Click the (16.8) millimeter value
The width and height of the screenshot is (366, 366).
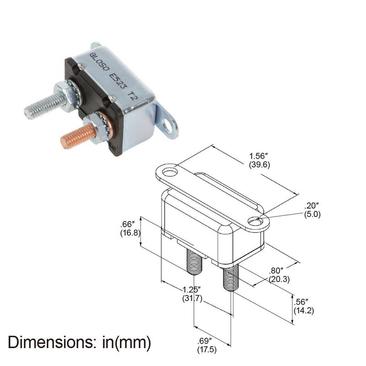click(x=129, y=232)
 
